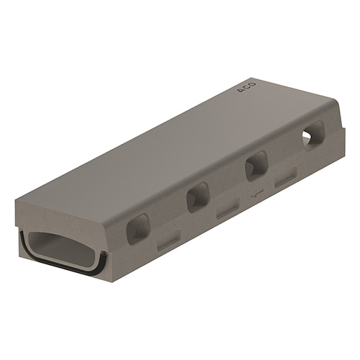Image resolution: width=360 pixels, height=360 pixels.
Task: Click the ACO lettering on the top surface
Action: (246, 88)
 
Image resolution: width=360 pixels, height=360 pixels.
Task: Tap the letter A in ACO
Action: (240, 91)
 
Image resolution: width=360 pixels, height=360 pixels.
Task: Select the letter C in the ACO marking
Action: (246, 88)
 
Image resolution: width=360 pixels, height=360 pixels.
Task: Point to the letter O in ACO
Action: (253, 84)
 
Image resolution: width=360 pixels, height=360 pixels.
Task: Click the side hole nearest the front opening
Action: (138, 229)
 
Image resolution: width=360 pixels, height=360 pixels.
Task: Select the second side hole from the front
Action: (198, 197)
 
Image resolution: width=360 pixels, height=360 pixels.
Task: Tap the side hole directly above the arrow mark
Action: (256, 166)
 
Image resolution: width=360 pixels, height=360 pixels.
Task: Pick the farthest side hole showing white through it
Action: (314, 136)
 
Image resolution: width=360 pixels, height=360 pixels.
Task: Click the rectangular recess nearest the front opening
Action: (168, 240)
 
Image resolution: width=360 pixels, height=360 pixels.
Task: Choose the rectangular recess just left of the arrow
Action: (228, 208)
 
